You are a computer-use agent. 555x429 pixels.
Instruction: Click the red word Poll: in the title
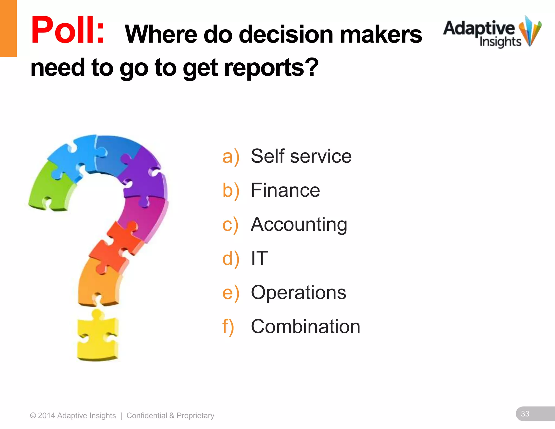68,30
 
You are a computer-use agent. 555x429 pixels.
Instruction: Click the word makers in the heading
380,35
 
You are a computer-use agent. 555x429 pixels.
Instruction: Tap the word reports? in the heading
271,68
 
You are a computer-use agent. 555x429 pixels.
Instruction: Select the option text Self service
301,156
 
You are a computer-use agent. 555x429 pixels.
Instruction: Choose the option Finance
285,190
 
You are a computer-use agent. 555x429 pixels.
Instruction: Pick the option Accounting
299,225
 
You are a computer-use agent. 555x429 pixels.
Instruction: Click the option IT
259,258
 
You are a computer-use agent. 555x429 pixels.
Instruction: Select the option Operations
298,292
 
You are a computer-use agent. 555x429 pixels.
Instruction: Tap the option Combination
305,326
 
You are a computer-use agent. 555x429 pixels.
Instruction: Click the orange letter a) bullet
231,157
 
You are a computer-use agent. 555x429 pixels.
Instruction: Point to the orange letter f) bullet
228,327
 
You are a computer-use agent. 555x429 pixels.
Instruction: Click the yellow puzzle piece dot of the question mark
98,338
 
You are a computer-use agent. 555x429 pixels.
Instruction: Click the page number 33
525,414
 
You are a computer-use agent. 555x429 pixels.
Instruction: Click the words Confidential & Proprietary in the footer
170,415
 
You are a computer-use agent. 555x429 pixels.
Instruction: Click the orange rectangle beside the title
8,28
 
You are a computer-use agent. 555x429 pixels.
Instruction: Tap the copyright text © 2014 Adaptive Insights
73,415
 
